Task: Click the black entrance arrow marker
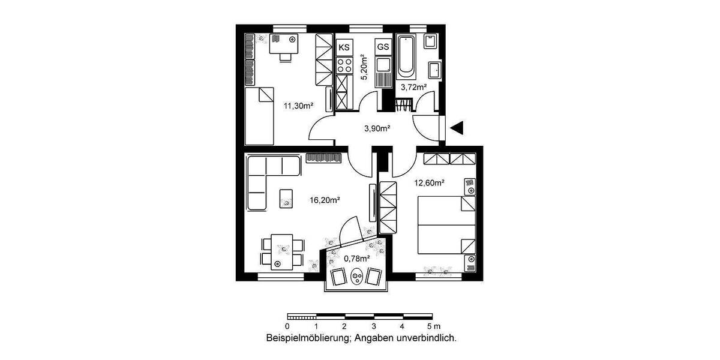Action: coord(458,127)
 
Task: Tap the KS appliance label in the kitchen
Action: coord(344,47)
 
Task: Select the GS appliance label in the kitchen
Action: coord(383,47)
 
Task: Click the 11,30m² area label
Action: coord(298,106)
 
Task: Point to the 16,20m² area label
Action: coord(325,200)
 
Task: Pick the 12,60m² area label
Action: coord(429,183)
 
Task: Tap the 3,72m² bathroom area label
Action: coord(413,87)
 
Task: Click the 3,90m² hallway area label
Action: coord(378,128)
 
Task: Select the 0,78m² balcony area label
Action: coord(356,259)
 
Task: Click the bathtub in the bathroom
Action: coord(406,59)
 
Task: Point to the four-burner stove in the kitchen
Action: coord(345,64)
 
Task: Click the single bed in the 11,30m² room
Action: coord(259,115)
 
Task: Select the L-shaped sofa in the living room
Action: coord(267,178)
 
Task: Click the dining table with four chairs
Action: coord(278,251)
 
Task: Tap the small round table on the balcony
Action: coord(357,277)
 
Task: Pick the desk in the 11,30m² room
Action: coord(284,45)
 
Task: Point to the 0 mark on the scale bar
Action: coord(288,326)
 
